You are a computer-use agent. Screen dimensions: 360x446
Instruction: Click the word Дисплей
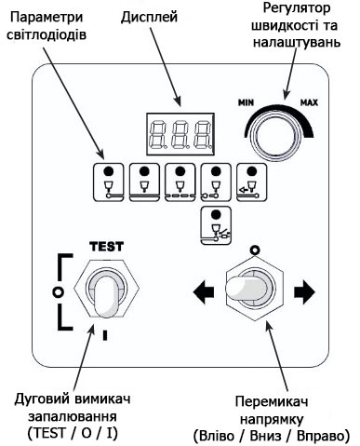(x=149, y=18)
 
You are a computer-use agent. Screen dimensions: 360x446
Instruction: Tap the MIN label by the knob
(x=246, y=102)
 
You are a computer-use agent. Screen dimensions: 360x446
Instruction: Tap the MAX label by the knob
(x=309, y=102)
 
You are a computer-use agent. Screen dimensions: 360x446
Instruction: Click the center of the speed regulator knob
(x=274, y=136)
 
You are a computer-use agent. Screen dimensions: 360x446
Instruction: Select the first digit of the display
(x=157, y=134)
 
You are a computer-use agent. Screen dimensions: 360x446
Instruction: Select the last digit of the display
(x=204, y=134)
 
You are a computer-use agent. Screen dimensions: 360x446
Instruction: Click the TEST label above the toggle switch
(x=106, y=247)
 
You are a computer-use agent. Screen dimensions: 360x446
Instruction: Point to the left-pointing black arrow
(x=204, y=291)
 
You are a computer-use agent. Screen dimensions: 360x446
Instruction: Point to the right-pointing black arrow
(x=304, y=291)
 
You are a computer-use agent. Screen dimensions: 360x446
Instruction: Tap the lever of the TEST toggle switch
(x=106, y=296)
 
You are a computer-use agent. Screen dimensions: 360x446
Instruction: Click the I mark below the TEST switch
(x=105, y=335)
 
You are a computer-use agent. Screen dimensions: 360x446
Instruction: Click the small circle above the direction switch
(x=255, y=250)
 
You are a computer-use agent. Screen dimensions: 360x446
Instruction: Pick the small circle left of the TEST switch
(x=58, y=291)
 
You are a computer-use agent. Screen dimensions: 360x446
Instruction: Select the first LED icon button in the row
(x=109, y=182)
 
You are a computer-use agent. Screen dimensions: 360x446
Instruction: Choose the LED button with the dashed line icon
(x=180, y=182)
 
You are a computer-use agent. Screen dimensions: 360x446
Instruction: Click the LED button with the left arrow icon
(x=252, y=182)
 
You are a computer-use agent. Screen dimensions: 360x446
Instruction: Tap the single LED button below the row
(x=216, y=225)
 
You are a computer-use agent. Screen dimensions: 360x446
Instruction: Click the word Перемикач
(x=272, y=401)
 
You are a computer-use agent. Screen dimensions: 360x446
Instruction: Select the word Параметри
(x=47, y=18)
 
